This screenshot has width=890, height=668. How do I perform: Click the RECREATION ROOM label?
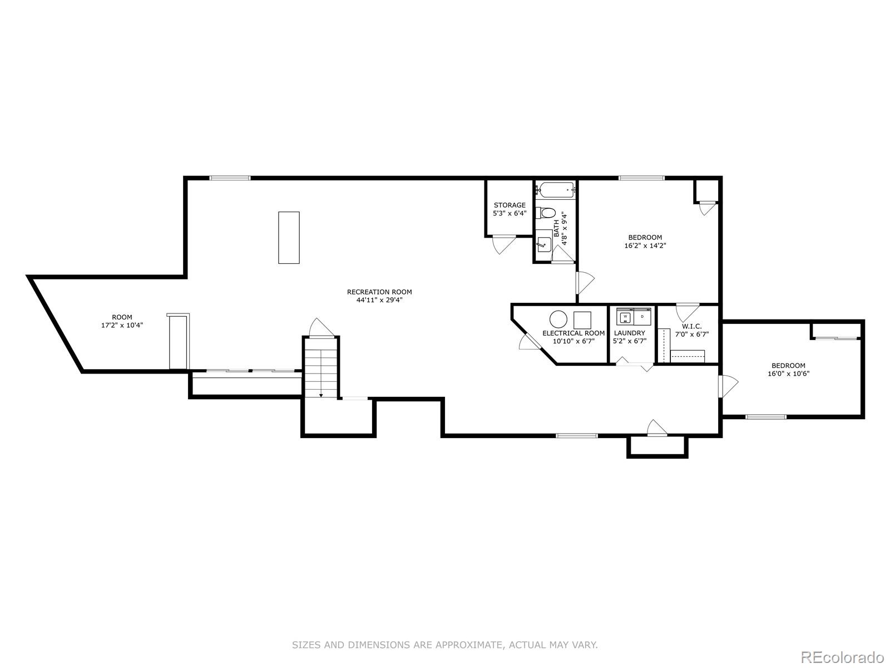tap(379, 292)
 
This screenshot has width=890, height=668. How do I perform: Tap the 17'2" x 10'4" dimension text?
tap(122, 326)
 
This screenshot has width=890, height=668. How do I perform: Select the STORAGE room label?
tap(510, 205)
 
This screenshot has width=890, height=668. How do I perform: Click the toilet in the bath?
tap(546, 213)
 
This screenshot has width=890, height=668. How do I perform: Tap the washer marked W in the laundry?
tap(625, 317)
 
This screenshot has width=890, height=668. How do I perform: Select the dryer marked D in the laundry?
tap(642, 317)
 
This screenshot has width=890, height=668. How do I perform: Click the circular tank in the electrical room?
tap(558, 320)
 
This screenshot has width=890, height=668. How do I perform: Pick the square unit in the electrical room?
tap(582, 320)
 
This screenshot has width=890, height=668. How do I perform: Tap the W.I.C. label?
tap(688, 326)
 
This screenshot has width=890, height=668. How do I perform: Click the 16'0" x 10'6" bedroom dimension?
tap(788, 374)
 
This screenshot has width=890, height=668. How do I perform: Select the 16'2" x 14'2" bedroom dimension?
tap(645, 245)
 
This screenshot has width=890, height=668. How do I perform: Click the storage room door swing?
tap(503, 243)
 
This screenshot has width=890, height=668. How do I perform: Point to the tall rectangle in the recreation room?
tap(289, 237)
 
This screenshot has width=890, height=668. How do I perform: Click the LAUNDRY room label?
tap(630, 333)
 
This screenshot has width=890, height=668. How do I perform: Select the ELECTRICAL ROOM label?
tap(573, 333)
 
